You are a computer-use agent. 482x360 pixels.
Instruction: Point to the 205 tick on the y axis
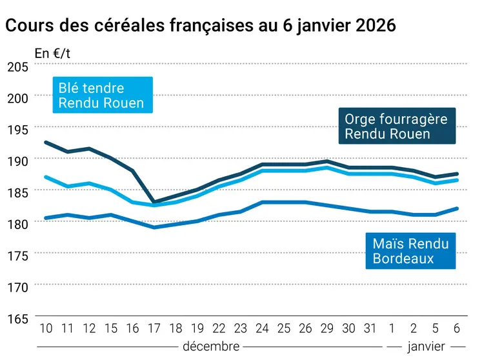tap(17, 66)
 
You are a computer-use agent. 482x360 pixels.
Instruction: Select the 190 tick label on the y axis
tap(17, 160)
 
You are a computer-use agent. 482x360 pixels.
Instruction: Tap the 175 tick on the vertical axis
tap(17, 255)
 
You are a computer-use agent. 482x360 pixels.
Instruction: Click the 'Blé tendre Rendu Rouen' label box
tap(101, 95)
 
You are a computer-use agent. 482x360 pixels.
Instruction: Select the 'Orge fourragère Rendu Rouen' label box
tap(396, 126)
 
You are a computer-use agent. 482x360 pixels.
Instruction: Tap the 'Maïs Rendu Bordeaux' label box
tap(410, 251)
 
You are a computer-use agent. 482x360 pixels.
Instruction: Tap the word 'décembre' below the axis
tap(211, 346)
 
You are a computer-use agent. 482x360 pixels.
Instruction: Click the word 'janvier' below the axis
tap(427, 346)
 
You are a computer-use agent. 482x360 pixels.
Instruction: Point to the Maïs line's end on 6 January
tap(457, 208)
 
